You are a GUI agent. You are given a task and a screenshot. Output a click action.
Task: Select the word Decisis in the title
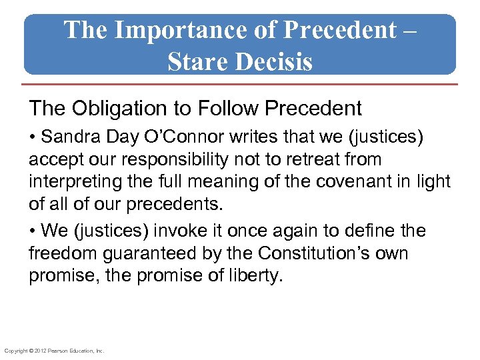click(275, 61)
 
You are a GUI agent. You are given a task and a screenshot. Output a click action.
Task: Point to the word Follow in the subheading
click(226, 107)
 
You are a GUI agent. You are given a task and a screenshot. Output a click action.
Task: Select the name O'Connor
click(191, 137)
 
